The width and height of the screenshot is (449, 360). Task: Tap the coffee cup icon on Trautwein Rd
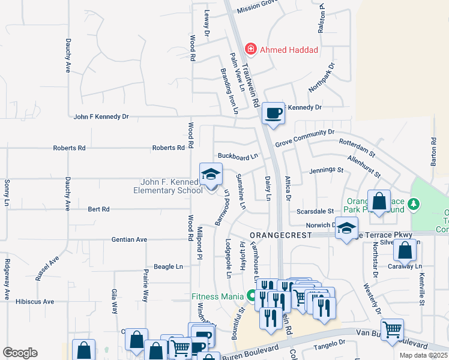click(273, 113)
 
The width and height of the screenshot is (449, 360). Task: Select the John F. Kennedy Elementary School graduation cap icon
click(211, 175)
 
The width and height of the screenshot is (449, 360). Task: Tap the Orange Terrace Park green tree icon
click(413, 205)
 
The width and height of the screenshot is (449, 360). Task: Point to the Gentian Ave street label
click(129, 239)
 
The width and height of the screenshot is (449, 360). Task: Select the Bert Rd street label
click(98, 209)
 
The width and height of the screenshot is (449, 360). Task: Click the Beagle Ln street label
click(168, 266)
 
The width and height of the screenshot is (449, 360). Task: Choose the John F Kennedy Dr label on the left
click(101, 117)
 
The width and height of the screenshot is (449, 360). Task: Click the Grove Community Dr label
click(304, 137)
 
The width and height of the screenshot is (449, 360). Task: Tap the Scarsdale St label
click(315, 211)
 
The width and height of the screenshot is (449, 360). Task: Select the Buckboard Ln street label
click(237, 156)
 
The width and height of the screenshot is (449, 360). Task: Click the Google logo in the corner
click(20, 353)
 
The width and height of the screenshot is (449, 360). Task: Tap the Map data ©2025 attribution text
click(423, 355)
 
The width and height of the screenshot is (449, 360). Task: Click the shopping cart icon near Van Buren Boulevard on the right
click(392, 329)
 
